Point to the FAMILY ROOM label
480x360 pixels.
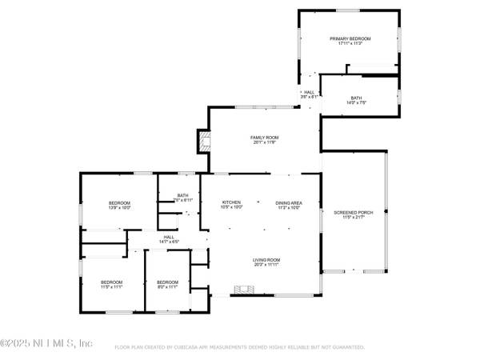(264, 137)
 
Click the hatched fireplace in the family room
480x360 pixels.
(206, 143)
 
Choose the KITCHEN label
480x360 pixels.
(231, 202)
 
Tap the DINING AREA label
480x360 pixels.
(287, 202)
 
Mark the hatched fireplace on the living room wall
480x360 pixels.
(240, 290)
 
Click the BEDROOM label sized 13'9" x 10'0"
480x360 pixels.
(119, 202)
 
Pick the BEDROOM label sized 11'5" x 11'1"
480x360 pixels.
(111, 282)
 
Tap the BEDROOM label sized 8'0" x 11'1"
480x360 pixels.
(167, 282)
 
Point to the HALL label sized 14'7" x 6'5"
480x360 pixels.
(169, 237)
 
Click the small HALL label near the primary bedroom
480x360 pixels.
(309, 92)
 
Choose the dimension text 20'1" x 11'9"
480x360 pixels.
(264, 142)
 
